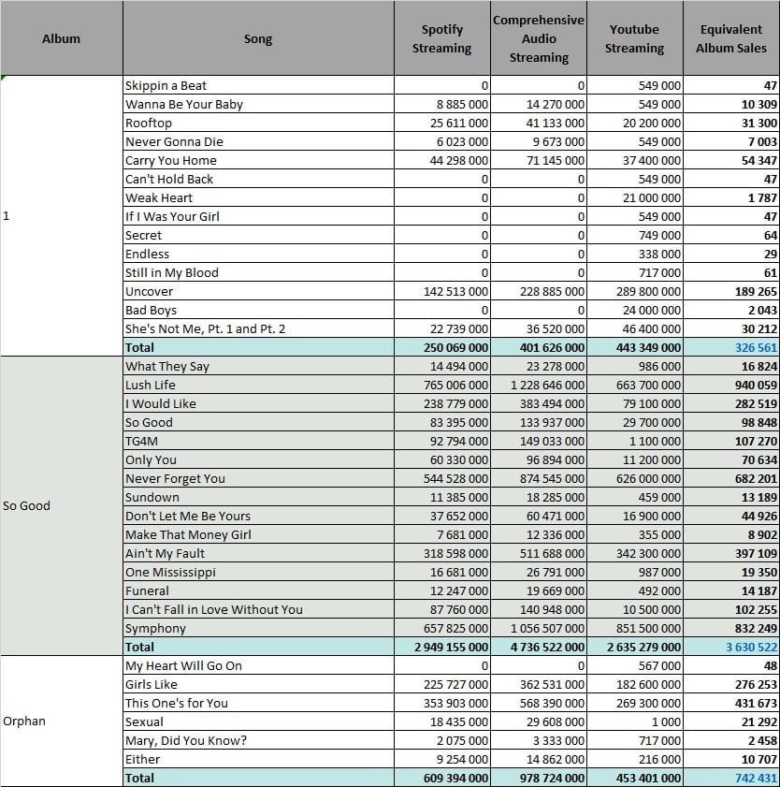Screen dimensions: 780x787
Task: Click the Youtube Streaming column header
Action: coord(634,38)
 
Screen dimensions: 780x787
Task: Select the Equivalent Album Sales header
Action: coord(730,38)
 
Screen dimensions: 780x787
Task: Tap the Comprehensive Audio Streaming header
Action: coord(538,38)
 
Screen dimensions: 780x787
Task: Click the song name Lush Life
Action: coord(151,385)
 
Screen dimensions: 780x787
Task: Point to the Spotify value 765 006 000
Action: coord(455,385)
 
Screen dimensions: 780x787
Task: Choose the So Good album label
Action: coord(26,505)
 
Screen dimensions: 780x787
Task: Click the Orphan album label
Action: coord(24,721)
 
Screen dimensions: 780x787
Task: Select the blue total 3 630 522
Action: coord(751,647)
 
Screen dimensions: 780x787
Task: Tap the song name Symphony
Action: coord(155,629)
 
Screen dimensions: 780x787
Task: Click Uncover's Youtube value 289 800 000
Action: coord(648,292)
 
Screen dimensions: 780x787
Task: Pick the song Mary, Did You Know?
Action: coord(186,741)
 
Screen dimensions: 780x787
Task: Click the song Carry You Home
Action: coord(171,161)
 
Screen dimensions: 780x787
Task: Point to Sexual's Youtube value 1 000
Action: coord(666,722)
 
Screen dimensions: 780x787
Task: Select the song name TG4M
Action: coord(141,441)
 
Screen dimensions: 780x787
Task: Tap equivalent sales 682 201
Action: coord(756,479)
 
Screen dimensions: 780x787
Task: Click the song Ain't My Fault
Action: coord(165,554)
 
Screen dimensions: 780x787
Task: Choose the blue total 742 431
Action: coord(756,779)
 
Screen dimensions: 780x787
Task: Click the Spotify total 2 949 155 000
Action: coord(451,647)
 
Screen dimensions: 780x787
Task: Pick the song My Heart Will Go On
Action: coord(183,666)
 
